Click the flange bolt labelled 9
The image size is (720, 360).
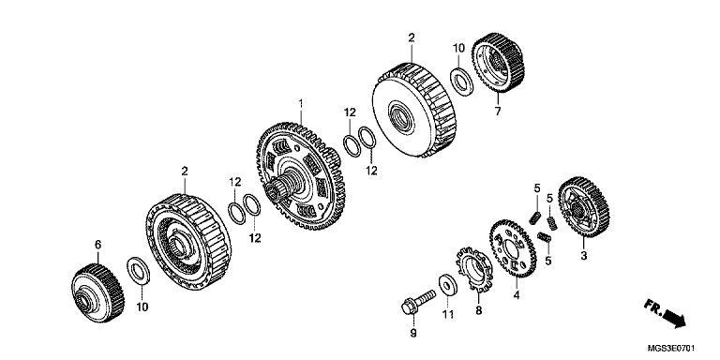418,301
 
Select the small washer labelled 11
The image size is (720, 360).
448,285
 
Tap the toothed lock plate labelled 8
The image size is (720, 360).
474,270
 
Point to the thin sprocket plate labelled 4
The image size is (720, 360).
513,247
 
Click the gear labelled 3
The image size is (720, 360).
584,206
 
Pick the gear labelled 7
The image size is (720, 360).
498,62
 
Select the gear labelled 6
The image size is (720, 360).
97,292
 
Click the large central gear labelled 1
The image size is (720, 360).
301,176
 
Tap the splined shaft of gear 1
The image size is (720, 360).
284,186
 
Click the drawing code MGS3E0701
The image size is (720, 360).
671,348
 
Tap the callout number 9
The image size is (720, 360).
413,333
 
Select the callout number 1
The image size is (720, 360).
301,104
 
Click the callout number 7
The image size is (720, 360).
498,111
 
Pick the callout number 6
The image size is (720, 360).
97,245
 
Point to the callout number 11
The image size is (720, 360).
448,314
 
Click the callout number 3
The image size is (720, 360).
584,256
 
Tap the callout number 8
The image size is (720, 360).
479,310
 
